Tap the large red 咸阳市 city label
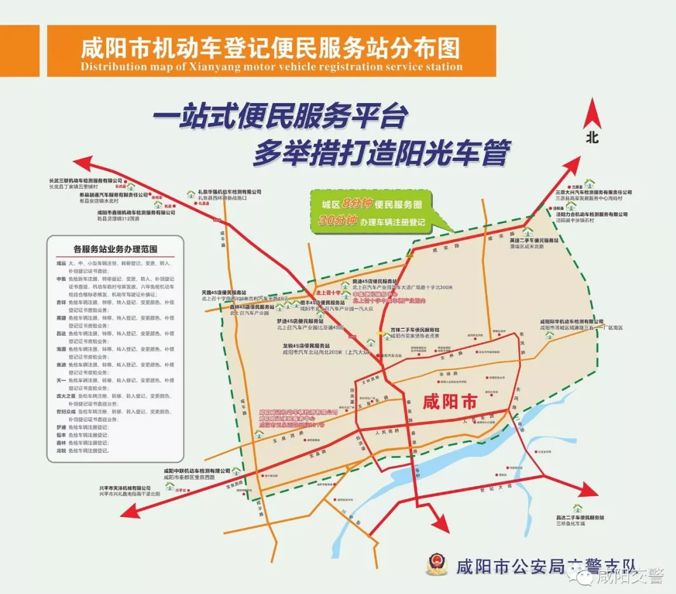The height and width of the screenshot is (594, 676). pos(450,403)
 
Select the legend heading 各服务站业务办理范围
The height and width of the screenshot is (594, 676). pos(115,249)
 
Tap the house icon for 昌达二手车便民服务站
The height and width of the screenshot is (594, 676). pos(577,508)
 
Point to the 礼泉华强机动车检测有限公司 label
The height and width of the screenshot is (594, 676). pos(229,191)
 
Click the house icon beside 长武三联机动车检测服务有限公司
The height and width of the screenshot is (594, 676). pos(130,188)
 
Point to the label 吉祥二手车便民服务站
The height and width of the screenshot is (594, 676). pos(415,330)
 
